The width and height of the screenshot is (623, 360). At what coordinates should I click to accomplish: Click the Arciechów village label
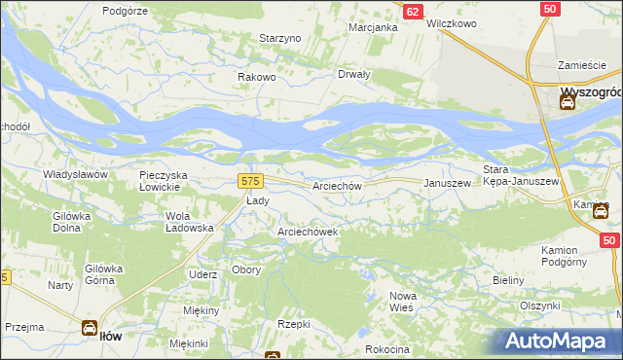[x=338, y=185]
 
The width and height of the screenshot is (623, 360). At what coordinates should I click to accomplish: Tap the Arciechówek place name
[x=307, y=232]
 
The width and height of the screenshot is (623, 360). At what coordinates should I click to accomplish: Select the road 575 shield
[x=250, y=181]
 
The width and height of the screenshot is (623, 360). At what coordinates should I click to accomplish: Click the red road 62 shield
[x=413, y=11]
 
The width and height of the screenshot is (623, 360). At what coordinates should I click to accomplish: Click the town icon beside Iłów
[x=89, y=329]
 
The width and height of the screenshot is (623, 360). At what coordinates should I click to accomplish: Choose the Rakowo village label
[x=258, y=77]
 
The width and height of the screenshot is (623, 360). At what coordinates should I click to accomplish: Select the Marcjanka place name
[x=374, y=27]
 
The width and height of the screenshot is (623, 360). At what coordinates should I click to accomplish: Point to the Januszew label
[x=447, y=183]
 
